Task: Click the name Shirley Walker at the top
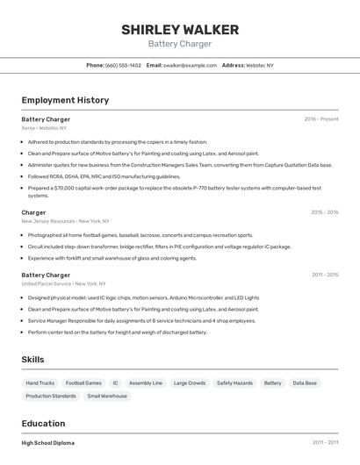(x=179, y=30)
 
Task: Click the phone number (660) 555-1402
(x=123, y=65)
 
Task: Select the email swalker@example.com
(x=190, y=65)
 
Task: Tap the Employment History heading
(x=65, y=100)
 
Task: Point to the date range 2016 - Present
(x=320, y=119)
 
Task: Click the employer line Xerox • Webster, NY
(x=44, y=128)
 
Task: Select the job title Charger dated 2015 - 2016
(x=33, y=212)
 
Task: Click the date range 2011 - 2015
(x=324, y=275)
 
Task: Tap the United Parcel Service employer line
(x=63, y=284)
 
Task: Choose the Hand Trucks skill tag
(x=40, y=383)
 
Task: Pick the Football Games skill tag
(x=83, y=383)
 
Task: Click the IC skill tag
(x=115, y=383)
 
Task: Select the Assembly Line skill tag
(x=146, y=383)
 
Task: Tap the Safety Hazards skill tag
(x=234, y=383)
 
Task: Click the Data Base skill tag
(x=305, y=383)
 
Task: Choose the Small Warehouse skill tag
(x=107, y=397)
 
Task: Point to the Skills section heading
(x=33, y=360)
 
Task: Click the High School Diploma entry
(x=48, y=443)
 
